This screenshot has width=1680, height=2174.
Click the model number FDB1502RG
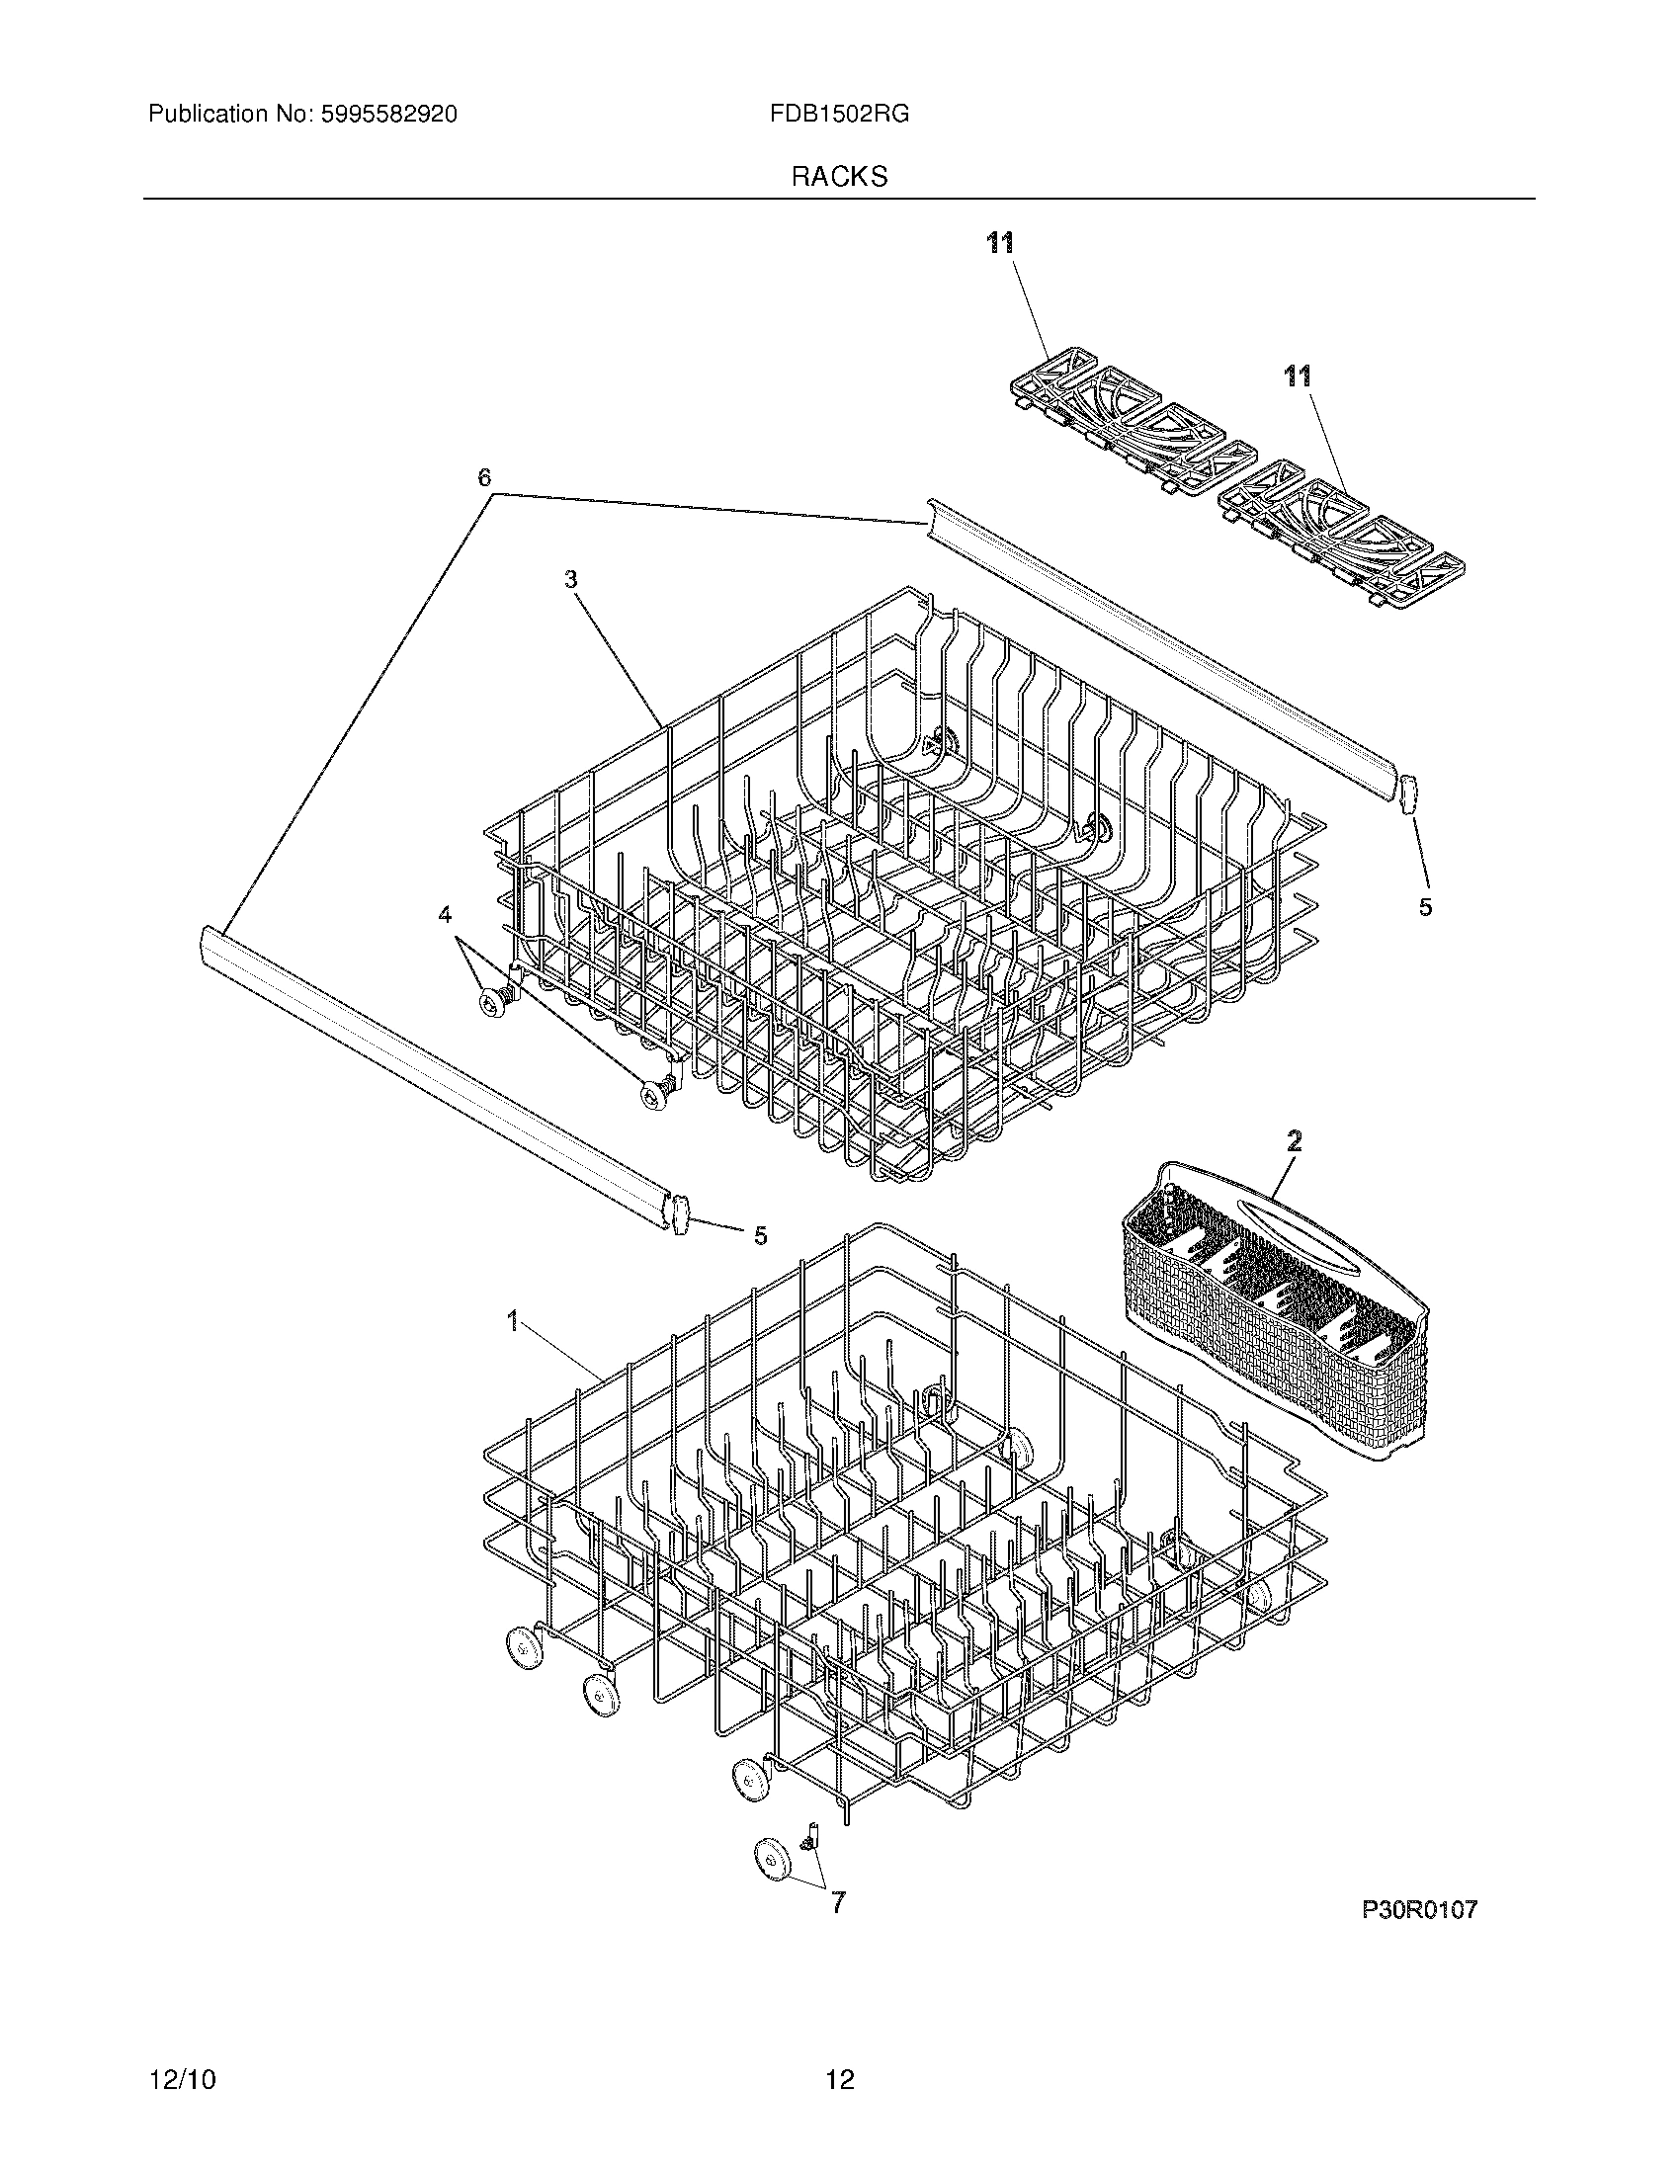coord(838,115)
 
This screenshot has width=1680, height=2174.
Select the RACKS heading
coord(839,177)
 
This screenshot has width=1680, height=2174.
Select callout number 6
coord(484,478)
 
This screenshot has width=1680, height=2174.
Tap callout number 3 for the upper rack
coord(571,579)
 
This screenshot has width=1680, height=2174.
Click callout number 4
coord(445,913)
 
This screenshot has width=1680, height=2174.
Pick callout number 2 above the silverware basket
coord(1293,1140)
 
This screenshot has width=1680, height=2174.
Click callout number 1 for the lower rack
coord(513,1321)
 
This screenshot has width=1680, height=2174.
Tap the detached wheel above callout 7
coord(772,1860)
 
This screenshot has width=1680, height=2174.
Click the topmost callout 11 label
coord(1000,242)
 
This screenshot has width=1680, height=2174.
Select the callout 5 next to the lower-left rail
coord(759,1236)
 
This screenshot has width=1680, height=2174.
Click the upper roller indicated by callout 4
coord(492,1003)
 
